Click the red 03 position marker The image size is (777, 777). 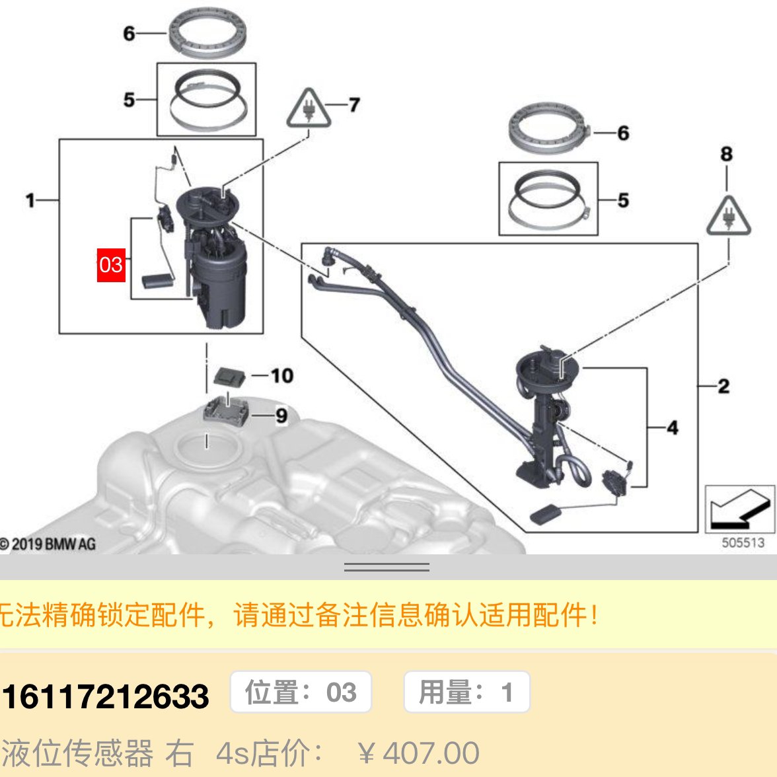click(111, 264)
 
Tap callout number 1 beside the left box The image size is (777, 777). click(30, 200)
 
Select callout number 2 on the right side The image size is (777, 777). click(723, 386)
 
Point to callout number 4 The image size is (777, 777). click(672, 427)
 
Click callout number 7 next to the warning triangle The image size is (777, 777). click(354, 104)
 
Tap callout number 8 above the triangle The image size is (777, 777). click(726, 154)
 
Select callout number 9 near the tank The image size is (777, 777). click(281, 416)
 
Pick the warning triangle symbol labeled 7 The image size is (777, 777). click(308, 108)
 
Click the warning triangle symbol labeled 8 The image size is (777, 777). click(728, 216)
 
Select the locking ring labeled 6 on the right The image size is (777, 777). click(547, 127)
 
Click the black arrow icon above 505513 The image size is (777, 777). click(739, 509)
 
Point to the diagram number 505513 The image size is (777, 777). click(743, 542)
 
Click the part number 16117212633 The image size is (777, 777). click(105, 696)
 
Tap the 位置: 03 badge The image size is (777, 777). click(301, 692)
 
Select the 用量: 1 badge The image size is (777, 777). click(466, 692)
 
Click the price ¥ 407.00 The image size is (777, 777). click(418, 753)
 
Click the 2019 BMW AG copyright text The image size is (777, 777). click(48, 544)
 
